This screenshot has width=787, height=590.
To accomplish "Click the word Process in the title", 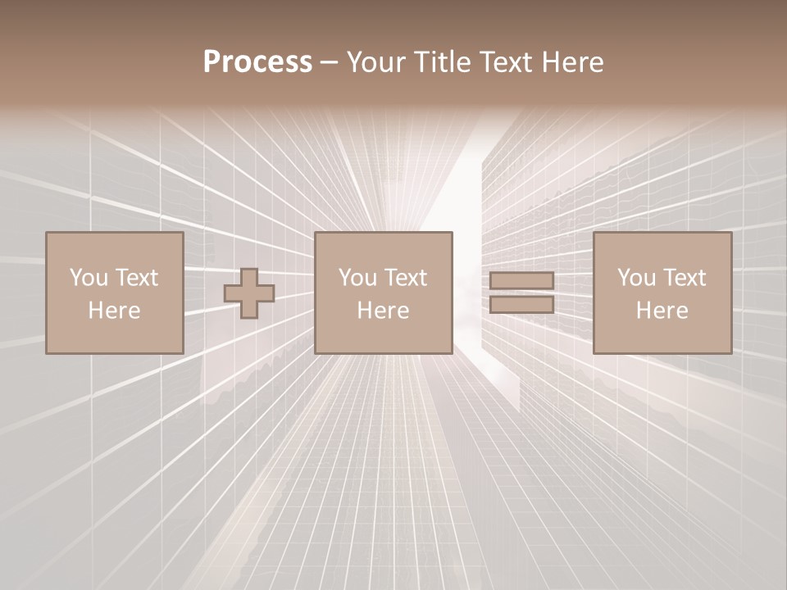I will click(x=257, y=62).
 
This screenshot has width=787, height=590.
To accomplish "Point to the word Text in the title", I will click(x=503, y=62).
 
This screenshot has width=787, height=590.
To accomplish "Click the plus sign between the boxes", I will click(x=249, y=293).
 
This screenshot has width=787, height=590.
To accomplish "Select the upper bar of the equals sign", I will click(x=521, y=281).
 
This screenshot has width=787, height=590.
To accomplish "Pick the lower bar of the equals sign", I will click(x=521, y=305).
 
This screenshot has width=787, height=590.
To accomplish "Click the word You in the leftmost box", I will click(x=89, y=278).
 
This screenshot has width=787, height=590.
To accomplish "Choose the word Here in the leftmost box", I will click(x=114, y=311).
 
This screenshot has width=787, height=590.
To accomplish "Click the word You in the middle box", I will click(x=357, y=278).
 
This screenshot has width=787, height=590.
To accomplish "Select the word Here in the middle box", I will click(x=383, y=311).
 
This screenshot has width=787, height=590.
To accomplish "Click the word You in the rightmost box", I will click(x=636, y=278).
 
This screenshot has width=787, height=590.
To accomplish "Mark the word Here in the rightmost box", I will click(x=662, y=311).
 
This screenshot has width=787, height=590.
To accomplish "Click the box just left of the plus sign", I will click(x=114, y=246).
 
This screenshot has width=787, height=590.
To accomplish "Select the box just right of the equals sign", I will click(x=662, y=246).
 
